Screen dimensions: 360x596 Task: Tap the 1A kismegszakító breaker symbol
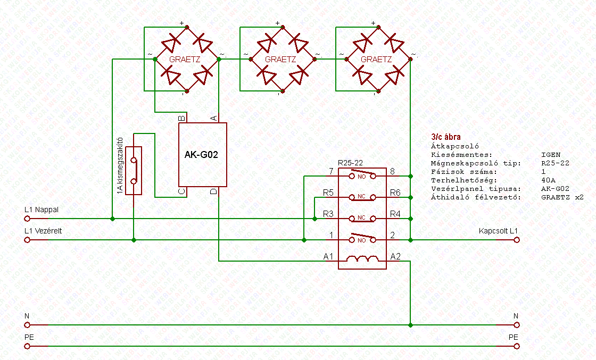(134, 170)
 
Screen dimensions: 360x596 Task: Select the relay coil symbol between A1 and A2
(362, 259)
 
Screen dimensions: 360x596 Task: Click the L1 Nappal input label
(42, 210)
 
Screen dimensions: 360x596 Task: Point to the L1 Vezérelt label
(43, 231)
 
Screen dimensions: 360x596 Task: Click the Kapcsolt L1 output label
(498, 231)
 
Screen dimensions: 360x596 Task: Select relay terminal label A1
(328, 257)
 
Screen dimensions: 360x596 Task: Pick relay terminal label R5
(328, 192)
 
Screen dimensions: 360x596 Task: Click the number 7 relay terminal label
(330, 171)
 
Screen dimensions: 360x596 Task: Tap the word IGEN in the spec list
(550, 154)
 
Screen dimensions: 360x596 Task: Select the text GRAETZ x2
(562, 197)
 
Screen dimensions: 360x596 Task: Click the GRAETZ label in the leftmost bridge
(185, 60)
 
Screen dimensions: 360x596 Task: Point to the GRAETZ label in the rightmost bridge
(376, 60)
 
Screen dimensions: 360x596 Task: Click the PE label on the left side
(29, 337)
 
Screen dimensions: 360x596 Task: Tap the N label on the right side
(515, 316)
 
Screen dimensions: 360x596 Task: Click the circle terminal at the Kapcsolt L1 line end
(516, 240)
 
